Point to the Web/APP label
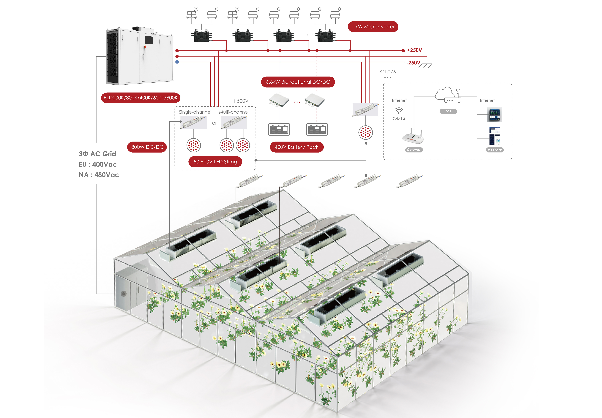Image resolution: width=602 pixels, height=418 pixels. [495, 150]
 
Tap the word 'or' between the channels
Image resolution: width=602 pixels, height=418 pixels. [214, 123]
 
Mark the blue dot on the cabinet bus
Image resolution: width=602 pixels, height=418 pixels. [177, 62]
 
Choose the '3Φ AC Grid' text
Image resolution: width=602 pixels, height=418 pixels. [97, 154]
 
